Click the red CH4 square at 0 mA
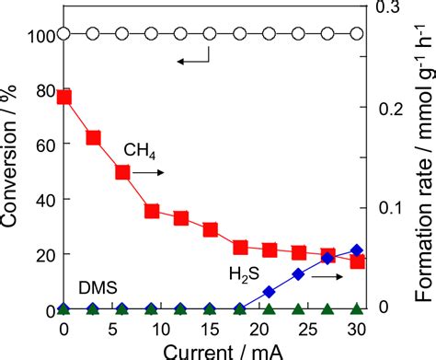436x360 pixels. pyautogui.click(x=63, y=97)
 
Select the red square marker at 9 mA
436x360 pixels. pyautogui.click(x=152, y=211)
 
